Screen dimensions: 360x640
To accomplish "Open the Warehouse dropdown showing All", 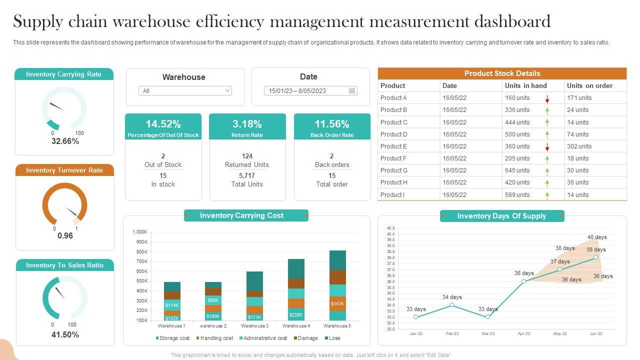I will (x=185, y=91).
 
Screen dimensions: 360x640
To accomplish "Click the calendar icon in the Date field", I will (x=352, y=91).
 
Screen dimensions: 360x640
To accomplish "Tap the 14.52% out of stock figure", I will (x=163, y=124).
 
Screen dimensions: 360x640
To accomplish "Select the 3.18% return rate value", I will (x=247, y=124).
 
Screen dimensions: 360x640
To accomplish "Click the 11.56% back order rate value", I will (x=332, y=124).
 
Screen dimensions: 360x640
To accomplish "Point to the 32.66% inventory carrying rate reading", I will (x=65, y=141).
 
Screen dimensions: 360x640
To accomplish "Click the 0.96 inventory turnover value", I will (x=65, y=235).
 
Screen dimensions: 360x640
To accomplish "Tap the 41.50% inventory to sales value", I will (x=65, y=335).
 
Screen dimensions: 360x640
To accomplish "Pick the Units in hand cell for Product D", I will (x=517, y=134).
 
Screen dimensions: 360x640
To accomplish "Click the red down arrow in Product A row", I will (x=547, y=98).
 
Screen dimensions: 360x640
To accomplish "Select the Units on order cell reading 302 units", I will (x=579, y=146).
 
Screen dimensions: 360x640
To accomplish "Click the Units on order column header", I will (x=589, y=85).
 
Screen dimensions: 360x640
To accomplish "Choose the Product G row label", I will (x=394, y=170).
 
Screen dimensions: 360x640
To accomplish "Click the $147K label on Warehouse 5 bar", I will (x=337, y=304).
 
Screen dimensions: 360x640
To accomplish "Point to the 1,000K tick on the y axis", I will (x=140, y=232).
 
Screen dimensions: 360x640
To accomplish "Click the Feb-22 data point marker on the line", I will (x=451, y=305).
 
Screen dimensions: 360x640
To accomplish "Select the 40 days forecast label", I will (x=597, y=237).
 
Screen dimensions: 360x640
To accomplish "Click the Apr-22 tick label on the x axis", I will (x=524, y=333).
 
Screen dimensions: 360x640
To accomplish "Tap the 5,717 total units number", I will (x=247, y=175).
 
